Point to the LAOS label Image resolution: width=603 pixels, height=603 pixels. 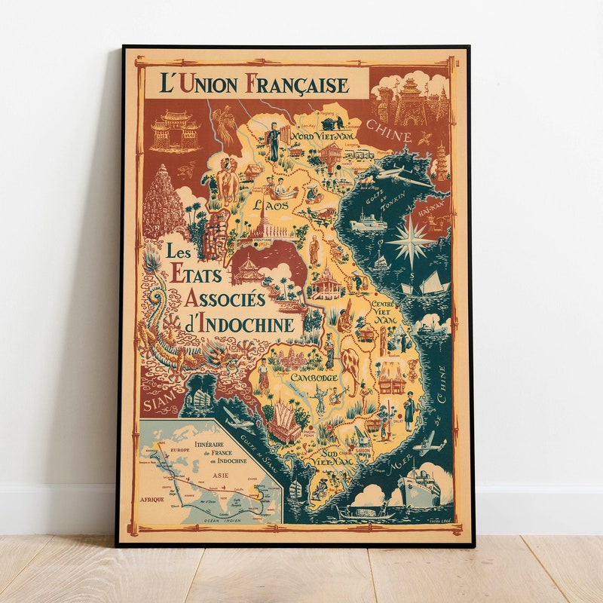[x=268, y=205]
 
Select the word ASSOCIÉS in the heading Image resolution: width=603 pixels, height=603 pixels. [x=225, y=299]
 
